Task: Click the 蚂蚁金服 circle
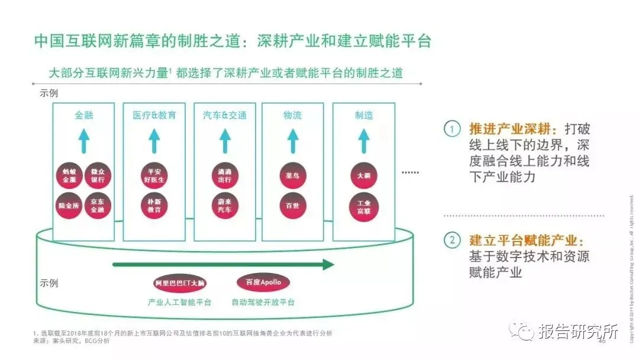pyautogui.click(x=70, y=176)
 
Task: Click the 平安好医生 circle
pyautogui.click(x=154, y=176)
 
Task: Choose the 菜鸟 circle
pyautogui.click(x=293, y=176)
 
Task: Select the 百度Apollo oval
pyautogui.click(x=263, y=282)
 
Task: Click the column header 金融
pyautogui.click(x=83, y=115)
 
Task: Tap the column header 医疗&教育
pyautogui.click(x=154, y=115)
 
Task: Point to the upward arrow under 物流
pyautogui.click(x=293, y=141)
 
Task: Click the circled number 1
pyautogui.click(x=452, y=129)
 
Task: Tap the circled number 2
pyautogui.click(x=452, y=240)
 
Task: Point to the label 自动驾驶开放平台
pyautogui.click(x=263, y=303)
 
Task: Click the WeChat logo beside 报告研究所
pyautogui.click(x=523, y=330)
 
